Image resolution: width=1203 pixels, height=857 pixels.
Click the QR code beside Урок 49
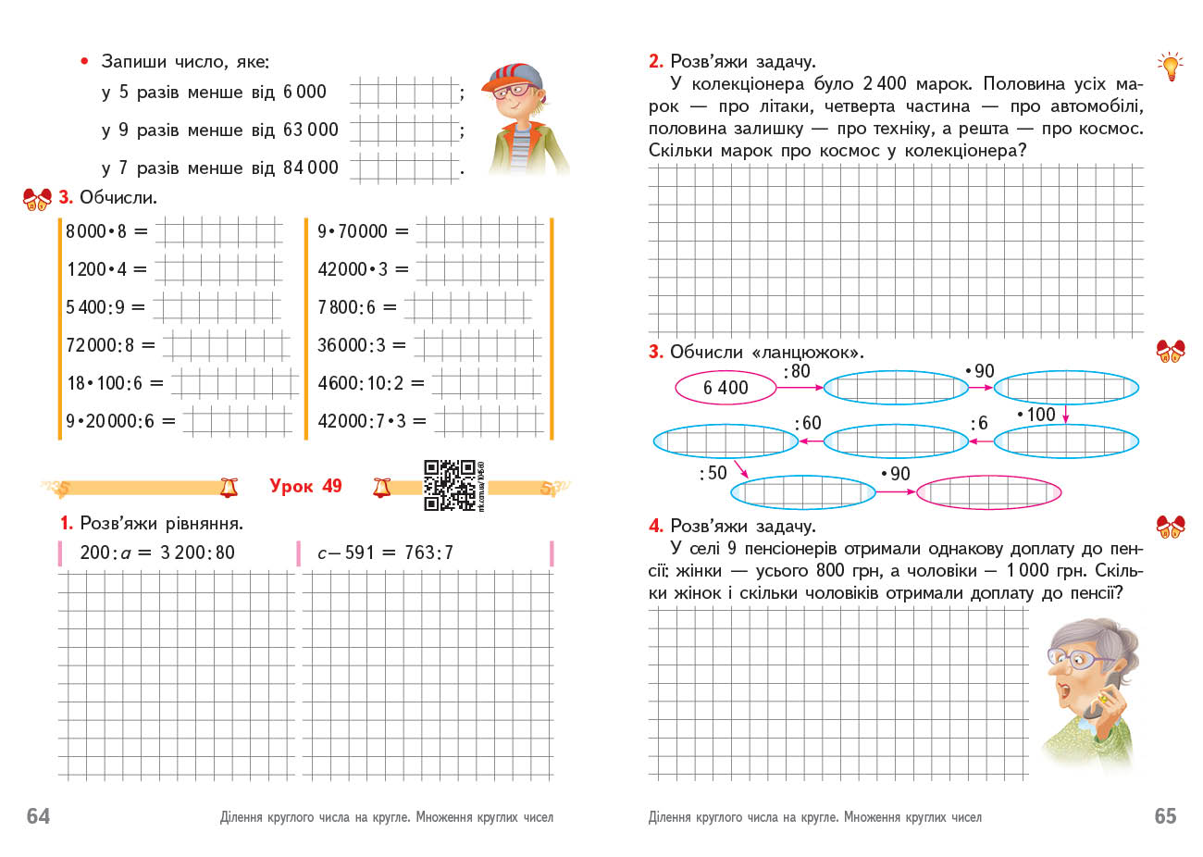pyautogui.click(x=450, y=485)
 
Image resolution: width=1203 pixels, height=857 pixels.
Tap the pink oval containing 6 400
pyautogui.click(x=726, y=388)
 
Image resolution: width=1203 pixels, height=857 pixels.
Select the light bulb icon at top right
pyautogui.click(x=1171, y=67)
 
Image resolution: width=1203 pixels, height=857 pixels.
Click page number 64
pyautogui.click(x=38, y=815)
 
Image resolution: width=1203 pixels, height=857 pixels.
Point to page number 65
pyautogui.click(x=1165, y=815)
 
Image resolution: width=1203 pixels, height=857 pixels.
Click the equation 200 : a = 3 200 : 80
pyautogui.click(x=157, y=553)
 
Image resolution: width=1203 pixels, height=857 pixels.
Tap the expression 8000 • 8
pyautogui.click(x=96, y=231)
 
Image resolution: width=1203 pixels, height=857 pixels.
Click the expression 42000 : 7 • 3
pyautogui.click(x=362, y=421)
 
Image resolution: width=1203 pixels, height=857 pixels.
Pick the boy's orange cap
pyautogui.click(x=511, y=74)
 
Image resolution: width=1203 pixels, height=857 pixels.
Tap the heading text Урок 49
pyautogui.click(x=305, y=486)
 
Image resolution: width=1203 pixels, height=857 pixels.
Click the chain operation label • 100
pyautogui.click(x=1036, y=415)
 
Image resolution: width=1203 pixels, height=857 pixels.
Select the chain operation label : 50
pyautogui.click(x=713, y=473)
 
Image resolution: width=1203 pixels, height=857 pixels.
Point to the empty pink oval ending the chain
pyautogui.click(x=988, y=492)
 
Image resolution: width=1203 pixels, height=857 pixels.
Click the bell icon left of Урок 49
pyautogui.click(x=229, y=487)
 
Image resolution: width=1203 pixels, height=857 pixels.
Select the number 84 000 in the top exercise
pyautogui.click(x=310, y=168)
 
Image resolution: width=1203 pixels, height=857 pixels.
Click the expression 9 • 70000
pyautogui.click(x=353, y=231)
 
